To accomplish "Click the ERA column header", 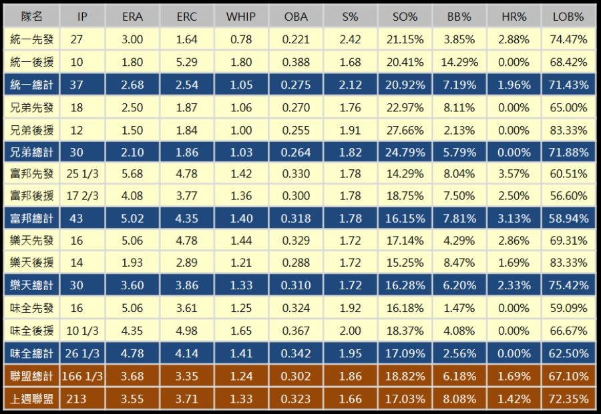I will point(132,17).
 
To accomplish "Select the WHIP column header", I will point(240,17).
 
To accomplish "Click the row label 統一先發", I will point(31,39).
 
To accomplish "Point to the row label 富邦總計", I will point(31,218).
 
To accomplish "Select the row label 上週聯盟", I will point(31,399).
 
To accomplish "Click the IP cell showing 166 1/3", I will point(82,376).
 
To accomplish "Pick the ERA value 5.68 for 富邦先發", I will point(132,174).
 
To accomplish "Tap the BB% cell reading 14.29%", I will point(460,62).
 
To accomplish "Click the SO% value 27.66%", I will point(405,129).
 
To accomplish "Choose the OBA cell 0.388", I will point(296,62).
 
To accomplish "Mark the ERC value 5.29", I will point(186,62).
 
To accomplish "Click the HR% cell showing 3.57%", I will point(514,174).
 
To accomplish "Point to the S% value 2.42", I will point(350,39).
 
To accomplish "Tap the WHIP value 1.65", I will point(240,331).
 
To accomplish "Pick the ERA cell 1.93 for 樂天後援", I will point(132,263).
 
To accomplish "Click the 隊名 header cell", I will point(31,17).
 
